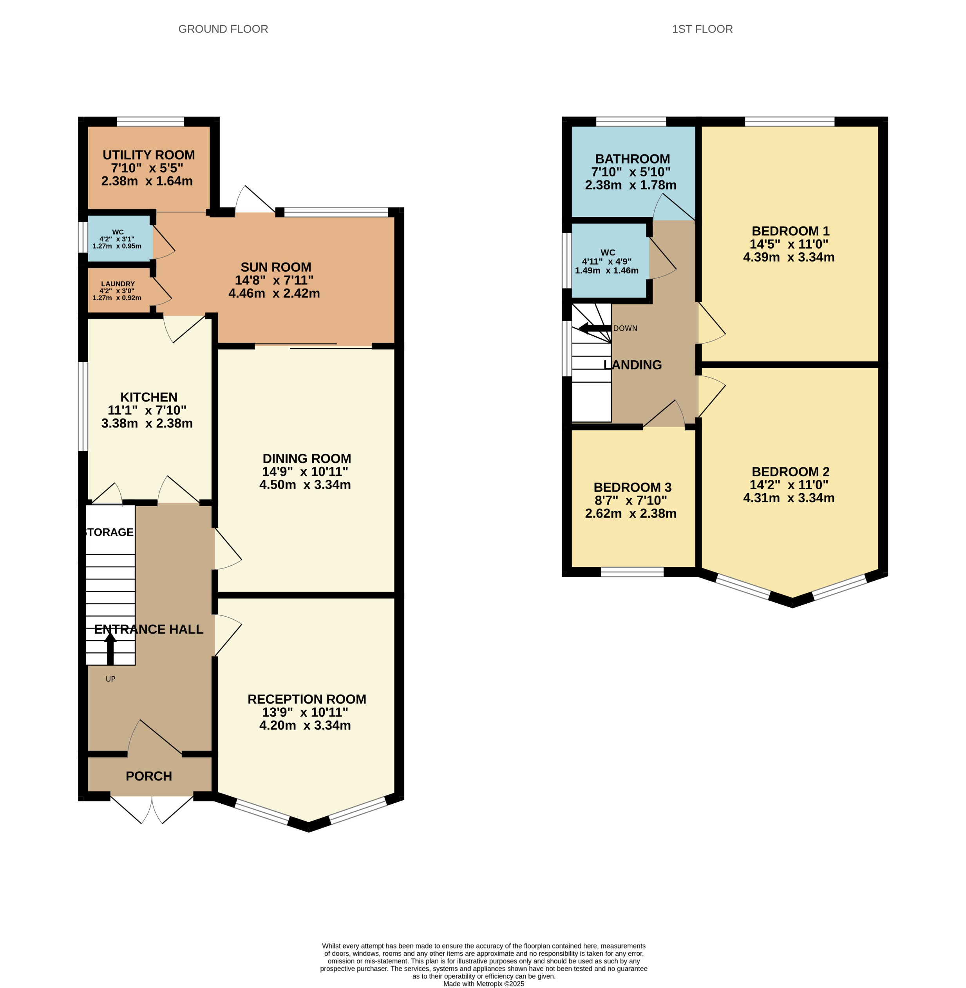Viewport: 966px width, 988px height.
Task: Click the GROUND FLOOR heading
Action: pos(223,29)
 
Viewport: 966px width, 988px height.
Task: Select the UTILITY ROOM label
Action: pos(148,155)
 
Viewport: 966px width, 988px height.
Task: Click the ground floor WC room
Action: pos(118,239)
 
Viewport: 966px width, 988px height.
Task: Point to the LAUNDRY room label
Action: pos(118,284)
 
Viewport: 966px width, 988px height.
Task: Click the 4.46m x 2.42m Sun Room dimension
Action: pos(274,293)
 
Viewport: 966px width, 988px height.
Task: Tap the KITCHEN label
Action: pos(148,397)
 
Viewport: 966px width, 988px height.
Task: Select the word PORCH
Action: pos(148,776)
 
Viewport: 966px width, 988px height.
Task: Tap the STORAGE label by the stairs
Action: pos(109,532)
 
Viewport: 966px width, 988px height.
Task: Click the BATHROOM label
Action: pos(632,159)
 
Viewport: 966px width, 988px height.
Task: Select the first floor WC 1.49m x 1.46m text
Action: pos(606,271)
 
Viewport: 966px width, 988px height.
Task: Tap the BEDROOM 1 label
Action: pos(790,231)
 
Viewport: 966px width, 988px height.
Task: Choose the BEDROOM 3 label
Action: pos(632,487)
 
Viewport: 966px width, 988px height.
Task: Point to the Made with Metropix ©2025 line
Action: pos(483,983)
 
